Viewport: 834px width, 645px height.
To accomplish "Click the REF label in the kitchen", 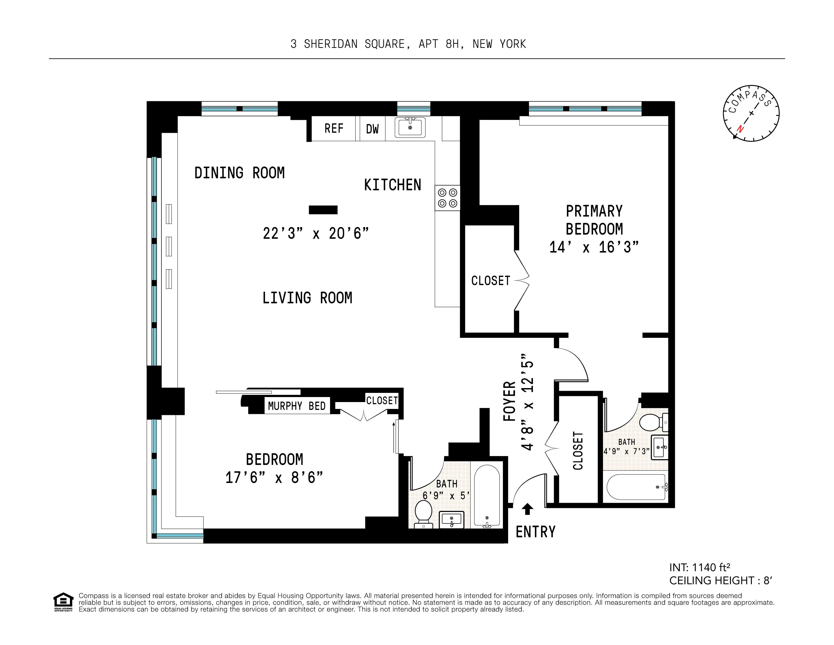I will (x=334, y=129).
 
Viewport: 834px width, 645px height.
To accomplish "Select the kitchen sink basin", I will (x=410, y=127).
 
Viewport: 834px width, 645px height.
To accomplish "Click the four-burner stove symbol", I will (x=448, y=198).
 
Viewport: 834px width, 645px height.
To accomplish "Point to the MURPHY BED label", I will (x=297, y=406).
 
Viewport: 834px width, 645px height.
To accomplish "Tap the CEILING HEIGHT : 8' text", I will (x=721, y=581).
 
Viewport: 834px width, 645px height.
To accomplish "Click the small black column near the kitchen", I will (x=323, y=210).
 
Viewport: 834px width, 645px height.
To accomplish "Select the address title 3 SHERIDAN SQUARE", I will (x=408, y=44).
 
